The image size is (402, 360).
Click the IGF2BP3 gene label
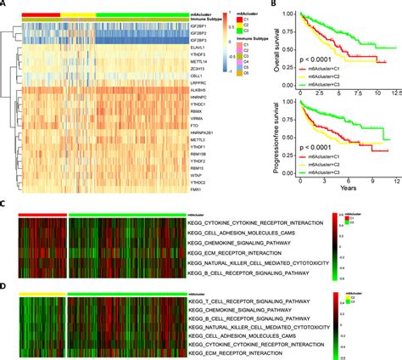(x=200, y=41)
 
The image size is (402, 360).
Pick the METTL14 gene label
(x=199, y=60)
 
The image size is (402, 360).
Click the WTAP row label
(x=197, y=166)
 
